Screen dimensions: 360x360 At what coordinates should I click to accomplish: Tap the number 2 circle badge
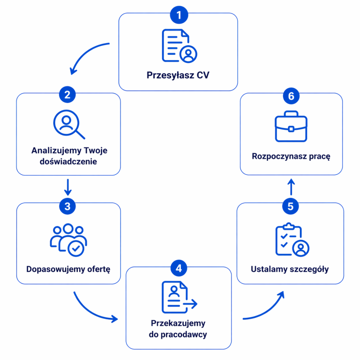[x=68, y=95]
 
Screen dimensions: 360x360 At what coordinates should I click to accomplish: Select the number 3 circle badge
[x=68, y=206]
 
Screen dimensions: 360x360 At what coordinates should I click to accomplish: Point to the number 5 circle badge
[x=291, y=206]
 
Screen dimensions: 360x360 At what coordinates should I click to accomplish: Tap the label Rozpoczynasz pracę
[x=291, y=157]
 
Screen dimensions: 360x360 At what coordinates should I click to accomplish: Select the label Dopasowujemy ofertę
[x=68, y=269]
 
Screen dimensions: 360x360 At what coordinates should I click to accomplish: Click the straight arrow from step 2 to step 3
[x=68, y=187]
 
